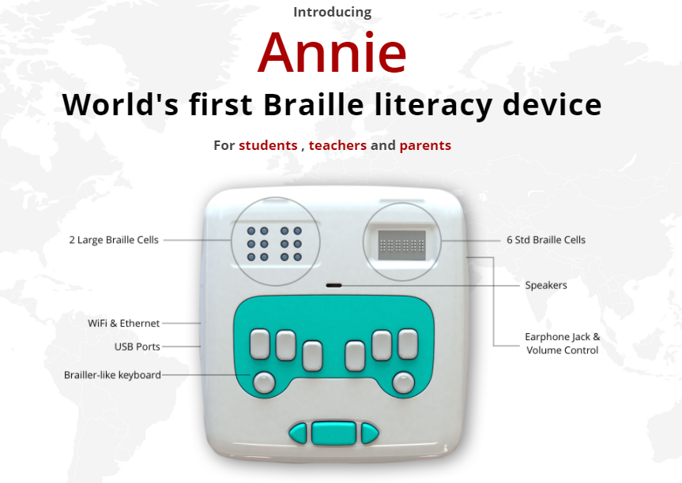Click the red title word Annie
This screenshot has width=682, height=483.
click(x=332, y=52)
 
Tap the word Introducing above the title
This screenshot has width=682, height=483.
click(x=332, y=13)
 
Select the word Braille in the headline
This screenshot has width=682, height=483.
click(x=313, y=105)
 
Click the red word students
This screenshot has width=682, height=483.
click(x=268, y=145)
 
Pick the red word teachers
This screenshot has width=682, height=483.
click(x=337, y=145)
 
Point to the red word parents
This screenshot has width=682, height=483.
click(x=425, y=145)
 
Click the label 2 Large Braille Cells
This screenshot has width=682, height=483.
click(x=114, y=240)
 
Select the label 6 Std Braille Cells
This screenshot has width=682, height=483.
click(x=546, y=240)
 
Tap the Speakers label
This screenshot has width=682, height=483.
click(x=546, y=286)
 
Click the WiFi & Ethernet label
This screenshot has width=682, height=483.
click(x=123, y=323)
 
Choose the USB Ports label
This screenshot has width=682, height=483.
click(x=137, y=346)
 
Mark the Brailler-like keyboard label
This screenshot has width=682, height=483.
click(x=112, y=375)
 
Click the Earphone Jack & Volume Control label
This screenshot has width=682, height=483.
click(x=563, y=343)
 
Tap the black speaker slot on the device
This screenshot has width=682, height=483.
click(x=334, y=286)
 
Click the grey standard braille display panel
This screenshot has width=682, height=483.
click(x=401, y=245)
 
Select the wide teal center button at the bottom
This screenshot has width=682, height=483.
click(x=333, y=433)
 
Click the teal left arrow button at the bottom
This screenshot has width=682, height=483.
click(x=299, y=433)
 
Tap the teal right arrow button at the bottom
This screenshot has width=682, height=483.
click(x=369, y=433)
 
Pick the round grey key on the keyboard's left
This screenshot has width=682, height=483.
click(x=264, y=383)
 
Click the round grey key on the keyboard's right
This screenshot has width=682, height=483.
click(x=403, y=383)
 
